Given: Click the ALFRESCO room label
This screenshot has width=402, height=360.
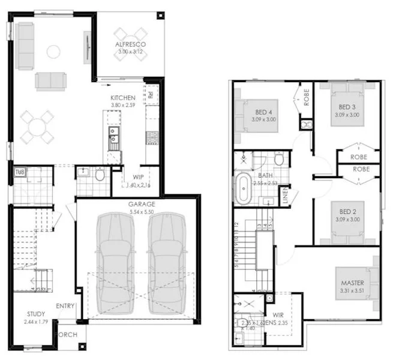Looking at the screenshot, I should pos(131,44).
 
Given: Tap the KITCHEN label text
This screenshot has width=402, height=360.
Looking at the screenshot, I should pos(122,98).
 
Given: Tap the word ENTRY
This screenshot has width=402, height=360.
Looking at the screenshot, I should pos(65,307).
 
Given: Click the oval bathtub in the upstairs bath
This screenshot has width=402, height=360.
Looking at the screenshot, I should pos(244,188).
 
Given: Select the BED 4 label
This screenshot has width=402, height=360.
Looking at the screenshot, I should pos(265,112).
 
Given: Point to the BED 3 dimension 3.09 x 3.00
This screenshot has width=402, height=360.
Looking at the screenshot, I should pos(347,115).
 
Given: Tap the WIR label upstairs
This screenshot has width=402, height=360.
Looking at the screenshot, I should pos(277,314).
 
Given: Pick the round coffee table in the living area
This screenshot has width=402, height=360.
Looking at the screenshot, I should pos(53,52).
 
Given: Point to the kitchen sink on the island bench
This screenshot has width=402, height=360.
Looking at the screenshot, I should pos(113,138).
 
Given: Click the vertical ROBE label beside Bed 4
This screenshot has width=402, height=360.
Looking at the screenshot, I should pos(306,98).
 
